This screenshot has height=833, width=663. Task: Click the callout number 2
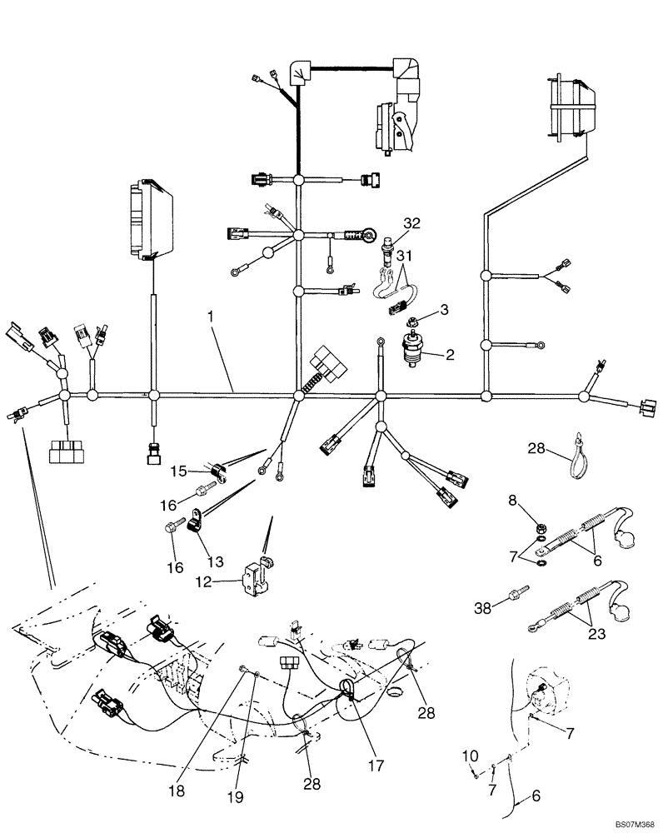pyautogui.click(x=449, y=354)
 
